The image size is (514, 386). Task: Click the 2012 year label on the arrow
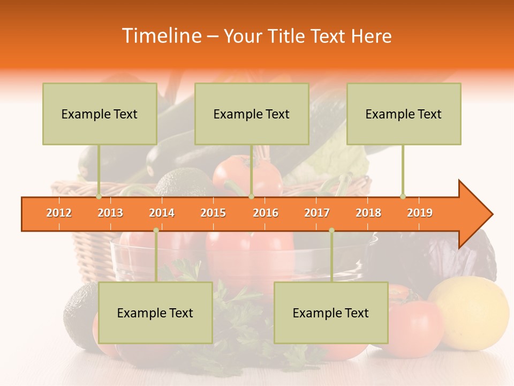[x=59, y=213]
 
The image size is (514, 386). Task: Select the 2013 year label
[x=110, y=213]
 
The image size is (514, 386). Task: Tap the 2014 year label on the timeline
[x=162, y=213]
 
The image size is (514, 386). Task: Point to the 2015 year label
[x=213, y=213]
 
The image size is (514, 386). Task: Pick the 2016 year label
[x=266, y=213]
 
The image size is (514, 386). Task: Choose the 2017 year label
[x=317, y=213]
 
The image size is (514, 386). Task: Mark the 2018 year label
[x=368, y=213]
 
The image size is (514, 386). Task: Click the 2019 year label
[x=420, y=213]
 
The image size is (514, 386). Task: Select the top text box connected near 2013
[x=100, y=114]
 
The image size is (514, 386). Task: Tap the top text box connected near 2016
[x=252, y=114]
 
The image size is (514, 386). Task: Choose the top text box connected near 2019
[x=404, y=114]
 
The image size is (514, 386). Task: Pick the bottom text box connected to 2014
[x=155, y=313]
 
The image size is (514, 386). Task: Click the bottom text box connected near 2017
[x=331, y=313]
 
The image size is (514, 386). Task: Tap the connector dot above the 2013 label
[x=99, y=197]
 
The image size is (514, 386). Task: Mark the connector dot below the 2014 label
[x=156, y=231]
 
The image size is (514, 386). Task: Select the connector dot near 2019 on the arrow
[x=403, y=197]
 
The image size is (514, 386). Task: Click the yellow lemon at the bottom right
[x=468, y=306]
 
